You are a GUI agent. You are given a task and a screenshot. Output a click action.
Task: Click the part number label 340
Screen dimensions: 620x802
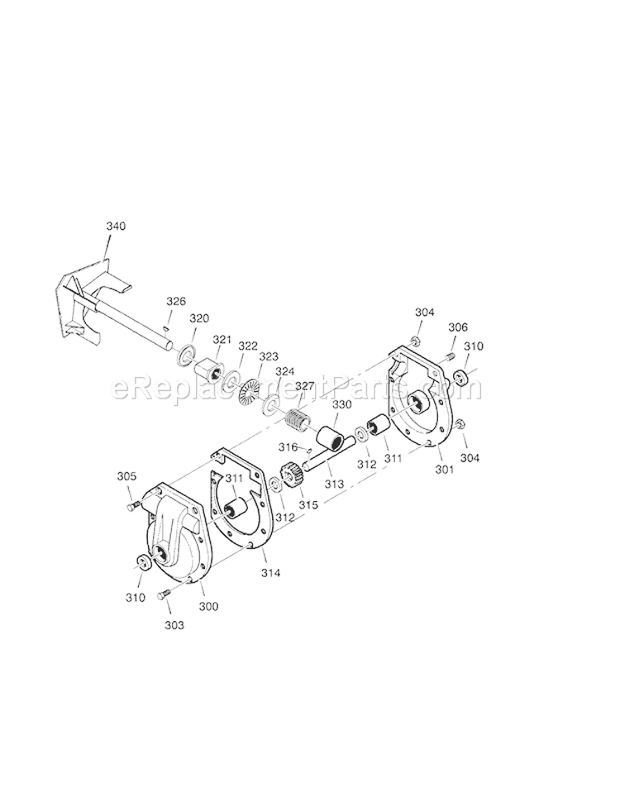point(116,226)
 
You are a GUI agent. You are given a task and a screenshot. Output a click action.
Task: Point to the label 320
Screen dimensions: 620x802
point(199,318)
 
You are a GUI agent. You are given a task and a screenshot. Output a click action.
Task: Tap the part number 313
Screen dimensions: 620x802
point(333,484)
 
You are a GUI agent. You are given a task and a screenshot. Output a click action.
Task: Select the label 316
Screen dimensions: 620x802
point(287,446)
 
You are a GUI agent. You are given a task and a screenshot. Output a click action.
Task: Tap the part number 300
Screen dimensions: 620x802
point(209,606)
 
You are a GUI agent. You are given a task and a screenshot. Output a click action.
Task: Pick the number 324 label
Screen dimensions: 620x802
point(284,371)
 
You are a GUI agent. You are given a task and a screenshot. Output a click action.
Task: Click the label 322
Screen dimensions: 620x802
point(246,346)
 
